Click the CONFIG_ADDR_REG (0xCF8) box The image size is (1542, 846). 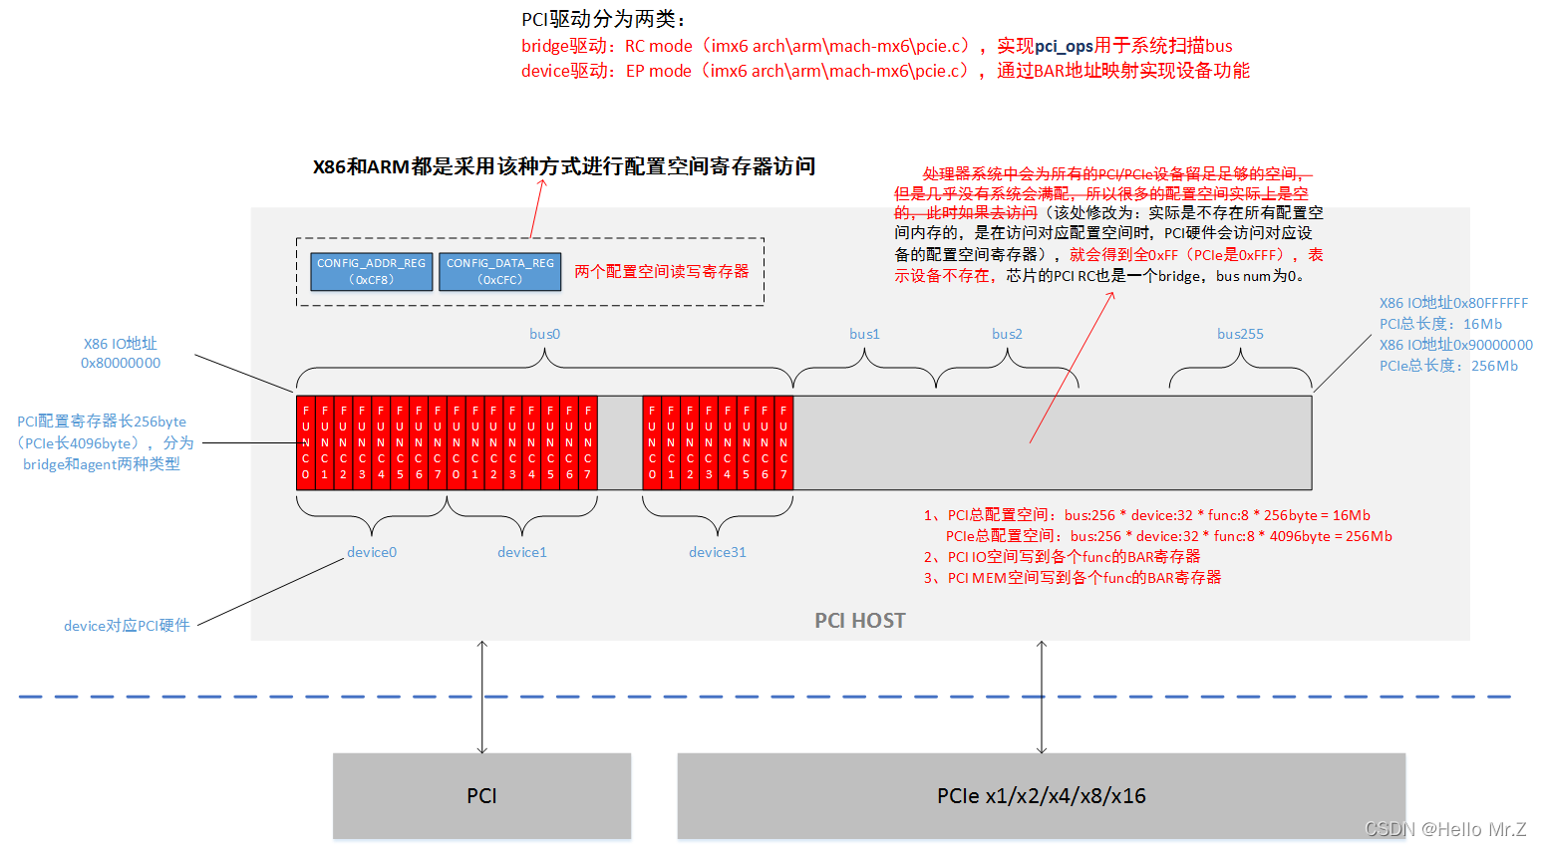point(371,271)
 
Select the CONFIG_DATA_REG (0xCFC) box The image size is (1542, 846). point(499,271)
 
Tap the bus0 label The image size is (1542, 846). point(544,334)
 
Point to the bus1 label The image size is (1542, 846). point(864,334)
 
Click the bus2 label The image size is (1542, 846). point(1007,334)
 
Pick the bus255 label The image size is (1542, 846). point(1240,334)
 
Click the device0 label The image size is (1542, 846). point(372,552)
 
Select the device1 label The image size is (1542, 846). point(522,552)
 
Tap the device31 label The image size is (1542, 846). point(717,552)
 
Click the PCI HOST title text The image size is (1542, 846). point(860,621)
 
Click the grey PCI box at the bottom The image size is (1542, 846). point(481,795)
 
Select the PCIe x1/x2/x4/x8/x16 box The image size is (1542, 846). point(1041,795)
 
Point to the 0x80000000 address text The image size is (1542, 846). point(121,363)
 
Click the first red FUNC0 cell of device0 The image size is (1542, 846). point(306,442)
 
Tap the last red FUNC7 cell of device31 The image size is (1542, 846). point(783,442)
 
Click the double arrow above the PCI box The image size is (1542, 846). point(482,697)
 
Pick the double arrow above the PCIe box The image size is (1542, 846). point(1042,697)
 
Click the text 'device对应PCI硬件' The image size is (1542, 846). point(127,626)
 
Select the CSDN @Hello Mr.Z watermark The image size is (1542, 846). point(1444,829)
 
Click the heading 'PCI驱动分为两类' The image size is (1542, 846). point(604,19)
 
